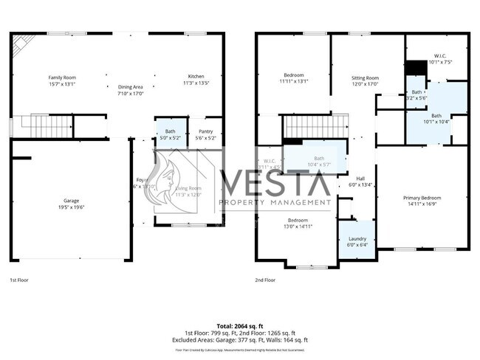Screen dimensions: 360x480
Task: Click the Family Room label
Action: point(62,80)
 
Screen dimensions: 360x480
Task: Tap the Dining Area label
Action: point(130,90)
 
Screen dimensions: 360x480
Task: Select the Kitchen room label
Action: point(196,80)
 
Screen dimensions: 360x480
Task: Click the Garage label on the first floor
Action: point(71,204)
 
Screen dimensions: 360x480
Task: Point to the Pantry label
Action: point(205,134)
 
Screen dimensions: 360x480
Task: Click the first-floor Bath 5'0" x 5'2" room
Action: point(171,134)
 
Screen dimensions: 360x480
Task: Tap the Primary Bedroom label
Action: point(422,201)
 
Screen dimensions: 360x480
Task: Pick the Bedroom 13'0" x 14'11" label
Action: point(298,224)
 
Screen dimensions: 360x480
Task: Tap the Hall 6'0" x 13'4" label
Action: point(360,181)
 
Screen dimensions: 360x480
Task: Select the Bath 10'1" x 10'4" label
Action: point(436,118)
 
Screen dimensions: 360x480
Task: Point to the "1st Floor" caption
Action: point(19,280)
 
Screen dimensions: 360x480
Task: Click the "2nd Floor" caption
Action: point(264,280)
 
